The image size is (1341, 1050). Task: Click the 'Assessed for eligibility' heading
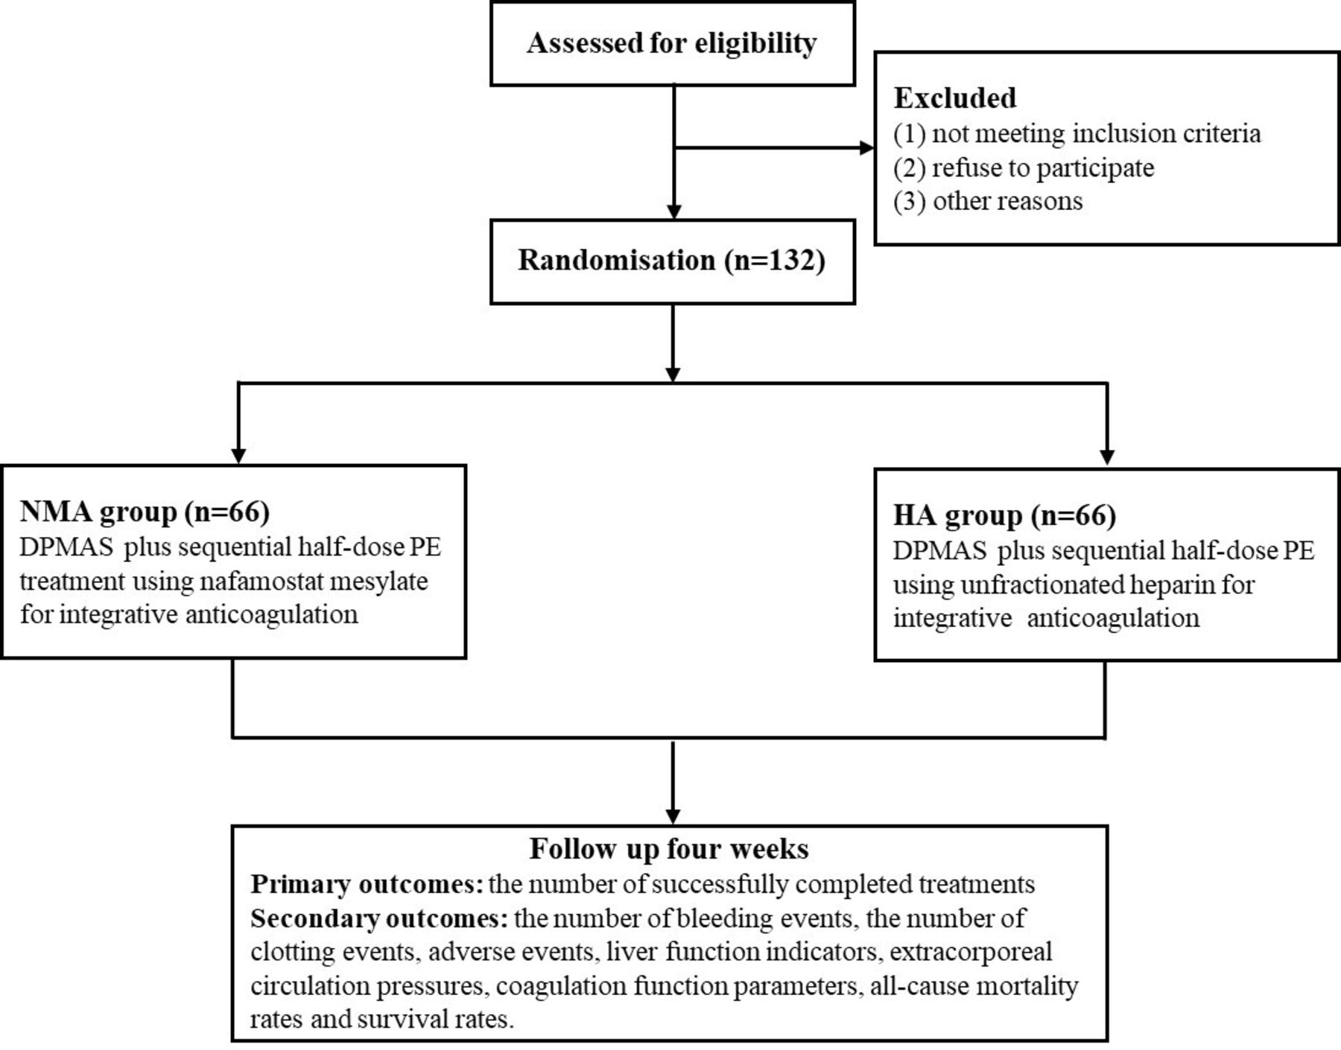tap(671, 43)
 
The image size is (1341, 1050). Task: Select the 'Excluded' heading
tap(954, 98)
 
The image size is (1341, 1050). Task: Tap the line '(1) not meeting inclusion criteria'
tap(1077, 133)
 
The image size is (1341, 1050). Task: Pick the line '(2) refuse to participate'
tap(1024, 168)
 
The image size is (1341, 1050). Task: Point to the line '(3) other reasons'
tap(988, 201)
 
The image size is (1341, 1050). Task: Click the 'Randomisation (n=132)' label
tap(671, 260)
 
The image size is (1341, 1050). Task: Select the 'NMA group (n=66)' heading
tap(145, 512)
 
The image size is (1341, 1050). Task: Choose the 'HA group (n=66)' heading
tap(1004, 515)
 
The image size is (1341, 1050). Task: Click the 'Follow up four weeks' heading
tap(669, 849)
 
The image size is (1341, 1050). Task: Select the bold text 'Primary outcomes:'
tap(367, 884)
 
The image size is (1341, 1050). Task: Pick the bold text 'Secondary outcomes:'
tap(379, 918)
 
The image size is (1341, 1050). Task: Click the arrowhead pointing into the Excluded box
tap(866, 147)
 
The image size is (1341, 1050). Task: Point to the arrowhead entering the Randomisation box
tap(673, 211)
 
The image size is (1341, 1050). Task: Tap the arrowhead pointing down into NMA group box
tap(238, 456)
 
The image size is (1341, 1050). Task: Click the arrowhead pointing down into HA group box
tap(1107, 456)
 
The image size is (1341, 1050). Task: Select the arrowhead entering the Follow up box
tap(673, 815)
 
